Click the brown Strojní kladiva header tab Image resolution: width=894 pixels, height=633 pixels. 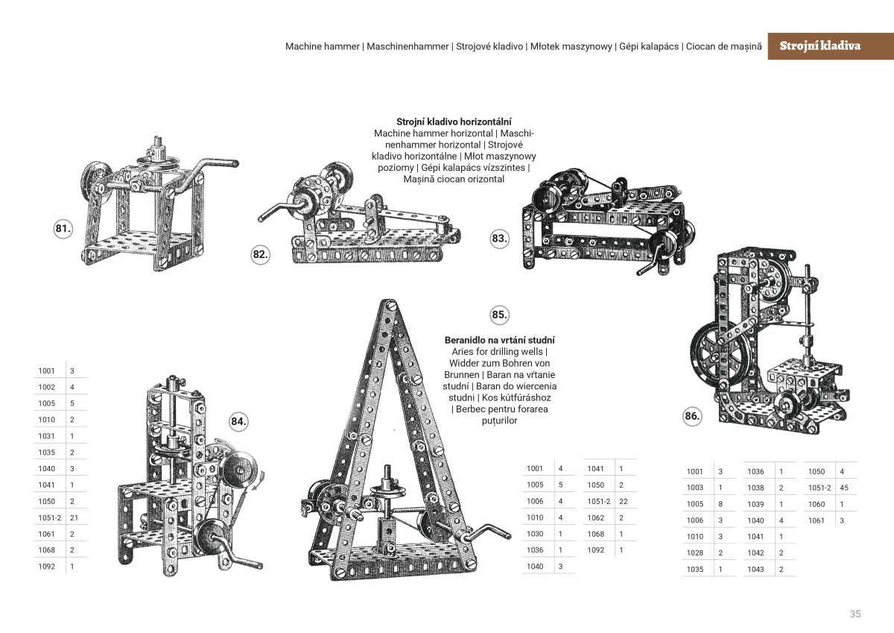click(x=819, y=45)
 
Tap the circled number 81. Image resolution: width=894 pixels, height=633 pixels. click(x=63, y=229)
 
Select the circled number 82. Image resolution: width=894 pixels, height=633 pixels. click(x=260, y=254)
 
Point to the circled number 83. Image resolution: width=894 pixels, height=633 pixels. click(x=499, y=239)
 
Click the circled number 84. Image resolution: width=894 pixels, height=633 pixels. click(x=238, y=421)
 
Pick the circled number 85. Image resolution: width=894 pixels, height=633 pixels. click(x=499, y=315)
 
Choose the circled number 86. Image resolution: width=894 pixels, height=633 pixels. click(x=693, y=416)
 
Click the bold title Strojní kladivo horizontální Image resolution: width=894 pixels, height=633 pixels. click(x=454, y=121)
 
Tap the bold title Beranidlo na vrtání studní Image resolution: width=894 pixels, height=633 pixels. click(x=499, y=340)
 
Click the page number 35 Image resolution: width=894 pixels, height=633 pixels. click(x=855, y=614)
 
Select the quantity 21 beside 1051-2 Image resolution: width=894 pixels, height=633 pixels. click(x=74, y=517)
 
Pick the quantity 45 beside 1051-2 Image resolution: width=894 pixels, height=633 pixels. click(x=844, y=488)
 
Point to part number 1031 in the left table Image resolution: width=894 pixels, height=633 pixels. click(x=46, y=435)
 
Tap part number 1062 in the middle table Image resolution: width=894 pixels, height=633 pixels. click(x=595, y=517)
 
